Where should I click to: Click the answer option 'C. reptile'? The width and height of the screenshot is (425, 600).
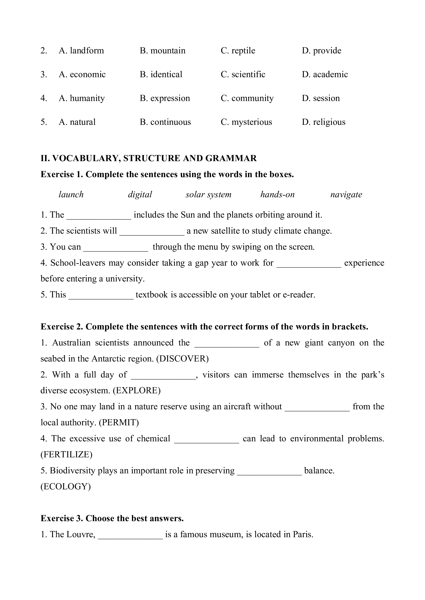coord(238,50)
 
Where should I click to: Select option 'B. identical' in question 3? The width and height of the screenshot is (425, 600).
coord(161,75)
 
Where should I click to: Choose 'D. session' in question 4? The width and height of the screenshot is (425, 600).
coord(321,98)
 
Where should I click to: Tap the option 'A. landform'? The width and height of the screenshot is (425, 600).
coord(81,50)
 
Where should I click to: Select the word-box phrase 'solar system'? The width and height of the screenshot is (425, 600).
coord(208,194)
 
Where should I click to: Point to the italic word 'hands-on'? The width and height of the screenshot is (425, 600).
coord(277,194)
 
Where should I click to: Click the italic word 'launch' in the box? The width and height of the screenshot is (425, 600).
coord(71,194)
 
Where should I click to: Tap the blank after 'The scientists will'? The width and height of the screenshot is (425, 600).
coord(152,232)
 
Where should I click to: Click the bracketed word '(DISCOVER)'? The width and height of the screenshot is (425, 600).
coord(182,359)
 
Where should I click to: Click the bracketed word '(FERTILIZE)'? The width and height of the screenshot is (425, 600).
coord(66,454)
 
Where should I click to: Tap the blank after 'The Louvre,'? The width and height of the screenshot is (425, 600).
coord(130,535)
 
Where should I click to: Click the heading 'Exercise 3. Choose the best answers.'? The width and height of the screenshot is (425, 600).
coord(112,518)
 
